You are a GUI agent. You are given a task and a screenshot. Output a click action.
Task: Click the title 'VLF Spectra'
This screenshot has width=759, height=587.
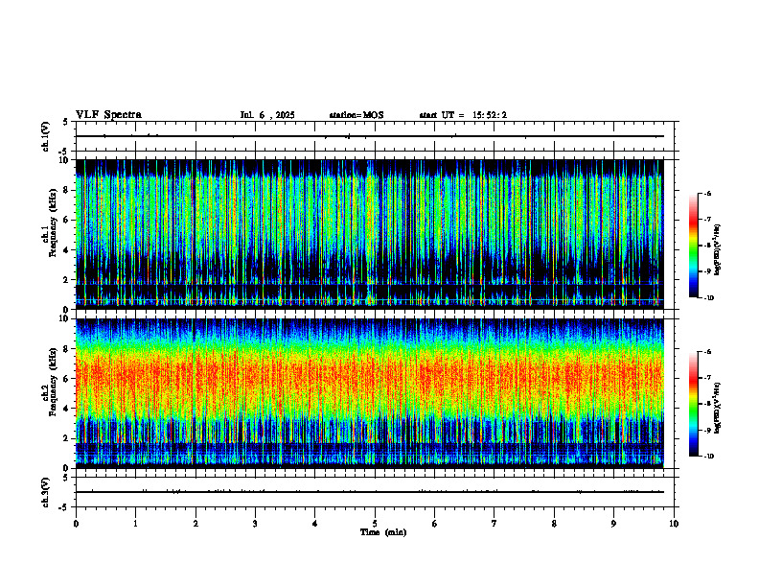(x=108, y=115)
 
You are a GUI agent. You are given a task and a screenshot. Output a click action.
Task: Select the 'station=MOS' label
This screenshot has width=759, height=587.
(x=356, y=115)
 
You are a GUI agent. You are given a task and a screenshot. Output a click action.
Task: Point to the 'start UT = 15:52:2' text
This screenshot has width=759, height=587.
(x=463, y=115)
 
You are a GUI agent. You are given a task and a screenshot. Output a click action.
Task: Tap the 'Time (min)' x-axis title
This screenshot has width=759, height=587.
(x=382, y=532)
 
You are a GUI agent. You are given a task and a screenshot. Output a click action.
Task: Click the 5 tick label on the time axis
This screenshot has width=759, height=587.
(x=375, y=524)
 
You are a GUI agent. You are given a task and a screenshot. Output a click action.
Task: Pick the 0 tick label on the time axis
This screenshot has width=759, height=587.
(x=76, y=524)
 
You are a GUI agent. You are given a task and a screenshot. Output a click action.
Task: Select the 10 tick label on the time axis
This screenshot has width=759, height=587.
(x=674, y=524)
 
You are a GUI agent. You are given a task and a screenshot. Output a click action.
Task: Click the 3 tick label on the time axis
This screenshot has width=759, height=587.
(x=255, y=524)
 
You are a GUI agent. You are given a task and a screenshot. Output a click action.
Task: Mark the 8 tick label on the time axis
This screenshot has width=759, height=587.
(x=554, y=524)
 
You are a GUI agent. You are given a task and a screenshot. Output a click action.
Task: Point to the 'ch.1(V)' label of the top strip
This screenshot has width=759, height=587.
(x=46, y=136)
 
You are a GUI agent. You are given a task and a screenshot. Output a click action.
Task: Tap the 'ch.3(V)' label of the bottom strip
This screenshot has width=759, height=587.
(x=46, y=491)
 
